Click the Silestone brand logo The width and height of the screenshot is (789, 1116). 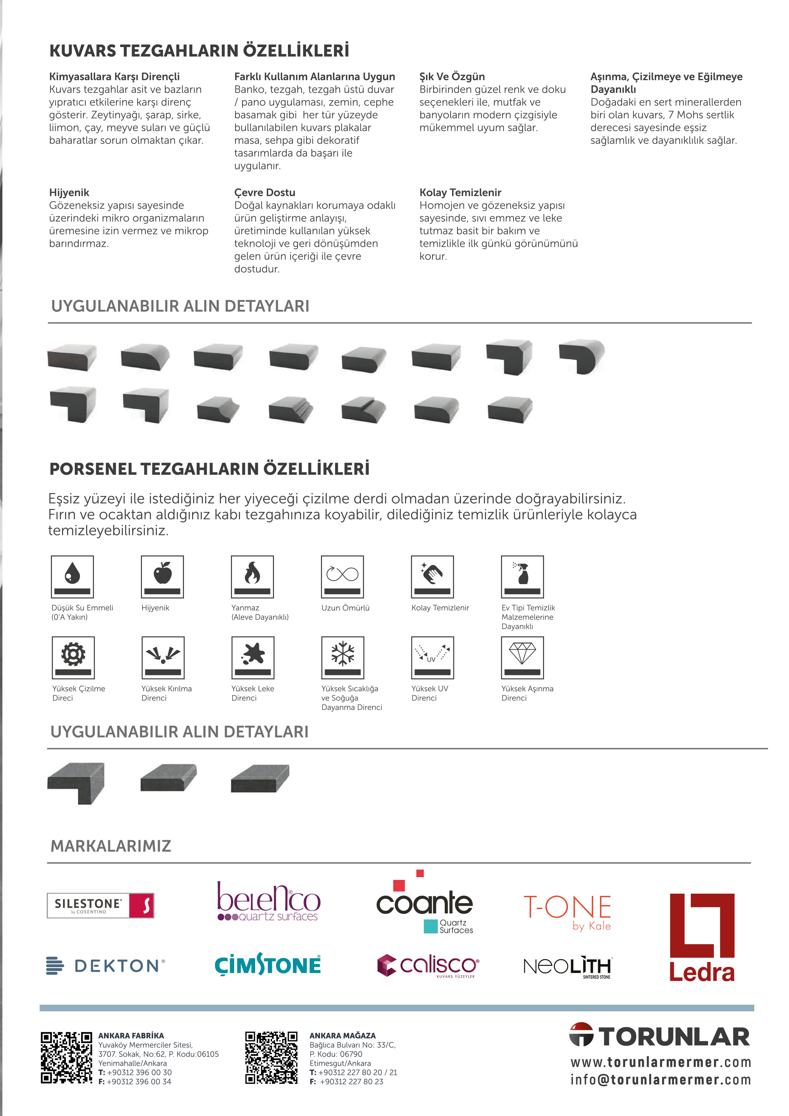(100, 905)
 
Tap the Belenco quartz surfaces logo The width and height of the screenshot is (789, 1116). (268, 903)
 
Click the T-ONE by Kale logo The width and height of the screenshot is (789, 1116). (567, 912)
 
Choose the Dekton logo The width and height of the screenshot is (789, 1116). (106, 965)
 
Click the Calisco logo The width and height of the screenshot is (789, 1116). (428, 965)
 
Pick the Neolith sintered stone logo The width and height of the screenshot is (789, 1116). (567, 966)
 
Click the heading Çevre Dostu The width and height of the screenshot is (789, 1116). (264, 192)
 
